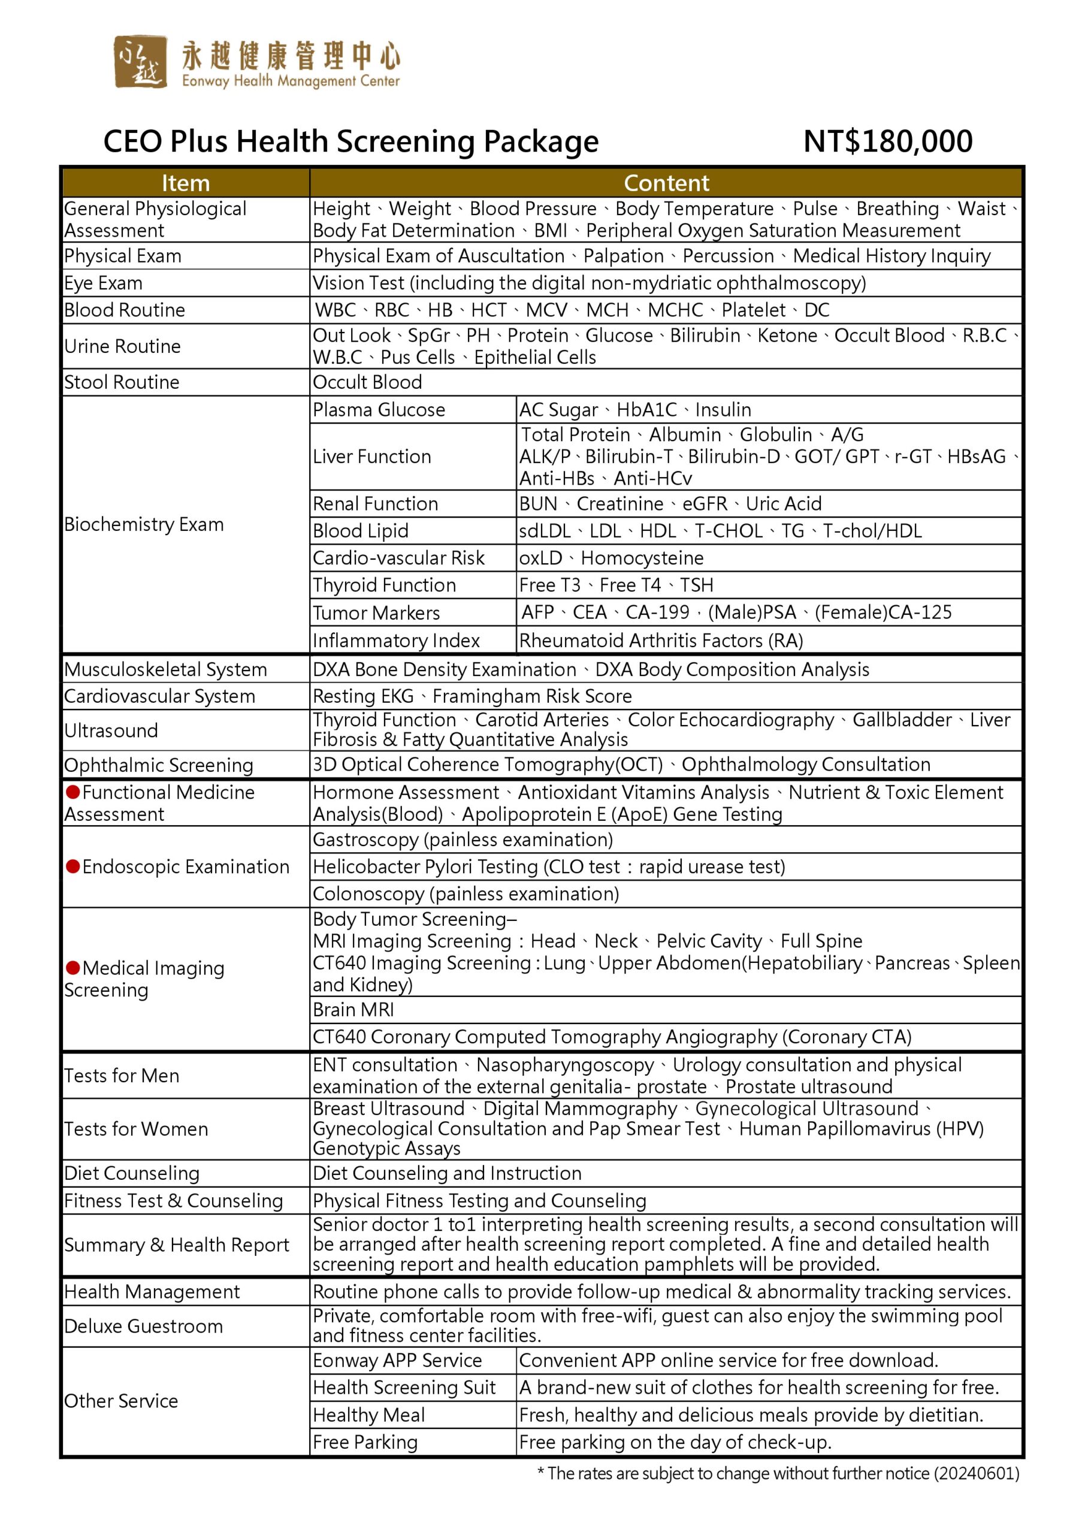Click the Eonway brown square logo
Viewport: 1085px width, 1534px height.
click(x=140, y=62)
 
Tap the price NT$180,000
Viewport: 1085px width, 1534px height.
click(x=887, y=141)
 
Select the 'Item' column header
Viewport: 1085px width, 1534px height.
click(x=186, y=183)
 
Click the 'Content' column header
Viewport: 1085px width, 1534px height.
click(x=666, y=183)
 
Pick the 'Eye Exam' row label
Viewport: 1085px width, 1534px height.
click(x=104, y=283)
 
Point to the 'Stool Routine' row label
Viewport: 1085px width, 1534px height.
click(x=122, y=382)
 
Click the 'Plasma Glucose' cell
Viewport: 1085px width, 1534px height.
click(x=379, y=409)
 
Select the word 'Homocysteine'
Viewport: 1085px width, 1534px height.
click(x=642, y=558)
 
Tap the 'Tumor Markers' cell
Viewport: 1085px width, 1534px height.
click(x=376, y=612)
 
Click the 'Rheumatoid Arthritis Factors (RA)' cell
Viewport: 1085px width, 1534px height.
click(x=661, y=641)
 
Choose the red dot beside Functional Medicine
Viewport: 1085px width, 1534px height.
click(x=73, y=792)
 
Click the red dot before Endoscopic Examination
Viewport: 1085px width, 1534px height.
click(x=73, y=866)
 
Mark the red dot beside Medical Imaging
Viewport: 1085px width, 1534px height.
click(x=73, y=968)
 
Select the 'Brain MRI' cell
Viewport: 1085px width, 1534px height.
click(x=353, y=1010)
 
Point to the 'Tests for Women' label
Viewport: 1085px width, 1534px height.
click(x=136, y=1129)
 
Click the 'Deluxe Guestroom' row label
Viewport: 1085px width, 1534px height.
click(x=144, y=1326)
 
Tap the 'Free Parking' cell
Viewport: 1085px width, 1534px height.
click(x=365, y=1442)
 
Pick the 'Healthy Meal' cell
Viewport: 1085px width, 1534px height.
click(x=369, y=1415)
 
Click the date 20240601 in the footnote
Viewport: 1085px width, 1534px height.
click(x=976, y=1473)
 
